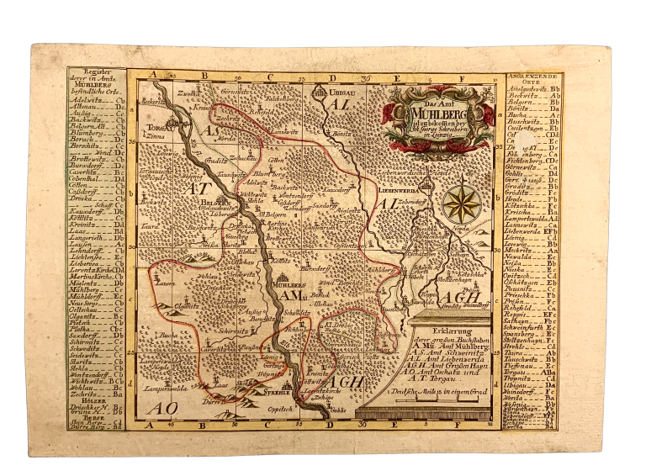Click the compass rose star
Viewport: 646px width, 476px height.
click(x=462, y=202)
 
